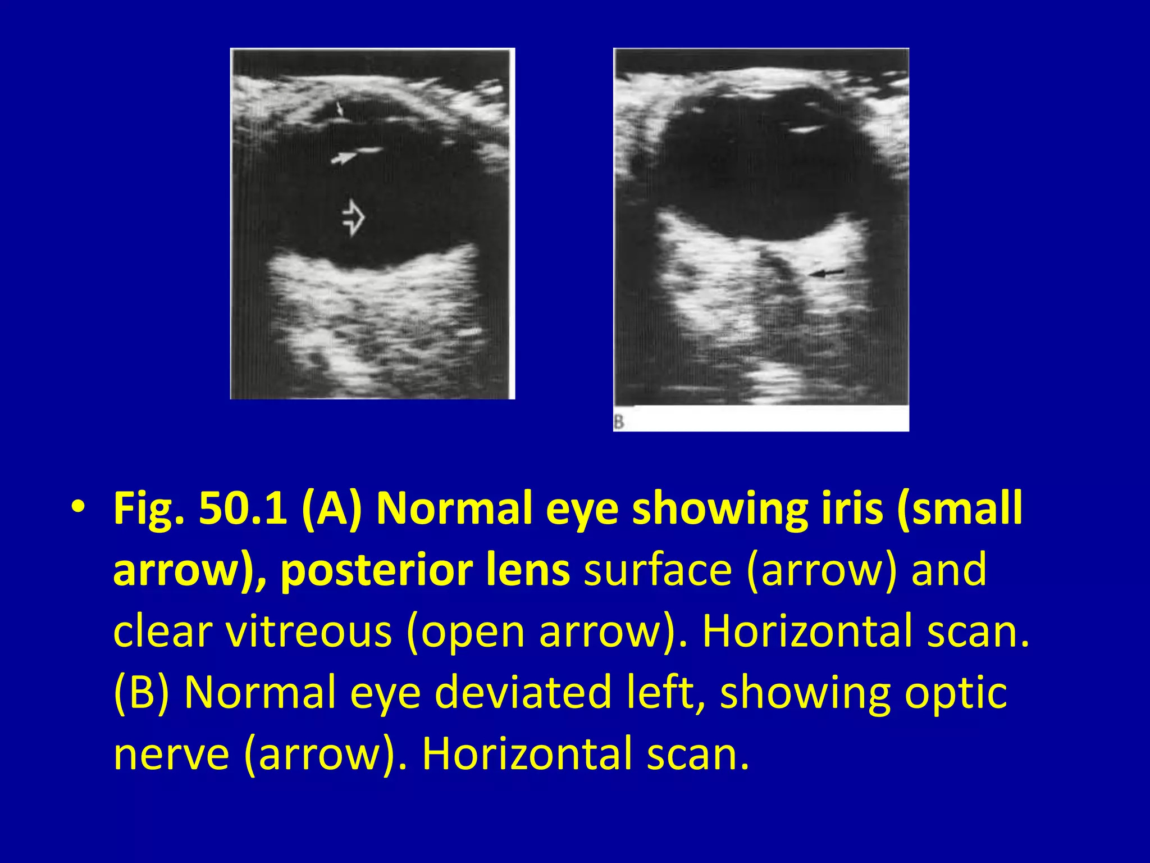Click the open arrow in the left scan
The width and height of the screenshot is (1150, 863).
[x=353, y=217]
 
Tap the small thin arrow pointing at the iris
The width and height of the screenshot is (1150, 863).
[x=339, y=109]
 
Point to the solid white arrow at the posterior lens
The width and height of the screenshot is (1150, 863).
[x=344, y=158]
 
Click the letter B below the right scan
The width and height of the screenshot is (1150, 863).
[x=619, y=421]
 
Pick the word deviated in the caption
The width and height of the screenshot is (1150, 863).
[x=523, y=692]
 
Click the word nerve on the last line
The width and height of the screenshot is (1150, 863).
[x=171, y=753]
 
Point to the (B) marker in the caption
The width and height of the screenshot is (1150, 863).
[x=141, y=692]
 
